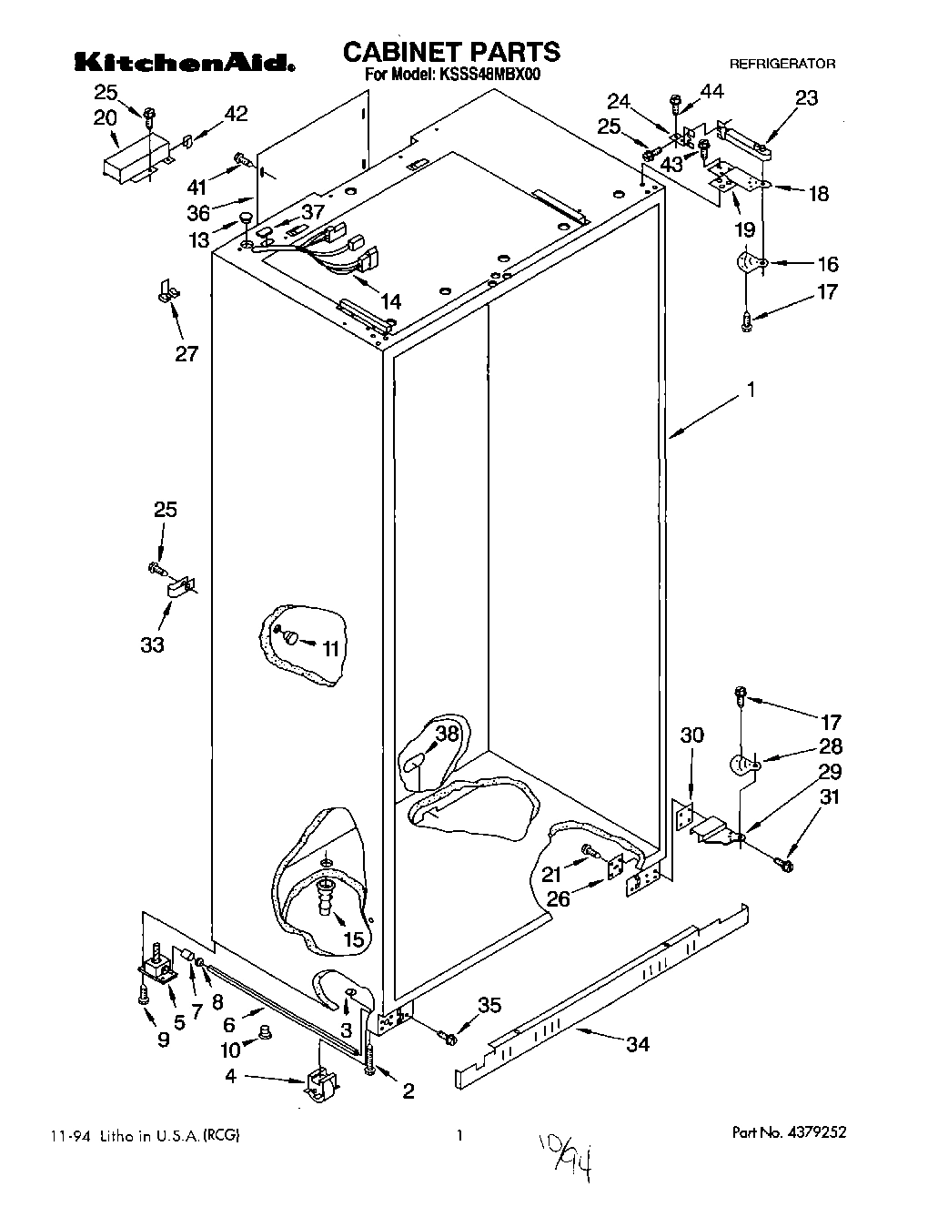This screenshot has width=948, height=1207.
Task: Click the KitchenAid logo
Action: tap(184, 62)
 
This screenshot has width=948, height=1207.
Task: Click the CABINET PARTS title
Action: tap(451, 51)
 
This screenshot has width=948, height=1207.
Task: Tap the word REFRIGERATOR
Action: tap(782, 65)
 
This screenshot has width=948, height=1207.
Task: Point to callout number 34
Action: tap(638, 1044)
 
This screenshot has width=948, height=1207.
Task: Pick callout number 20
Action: tap(106, 117)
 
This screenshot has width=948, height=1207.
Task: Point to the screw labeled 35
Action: tap(447, 1036)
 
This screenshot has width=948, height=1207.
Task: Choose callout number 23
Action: tap(806, 98)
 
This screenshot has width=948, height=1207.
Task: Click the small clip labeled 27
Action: tap(166, 291)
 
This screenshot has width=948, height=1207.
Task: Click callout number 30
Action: tap(692, 735)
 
